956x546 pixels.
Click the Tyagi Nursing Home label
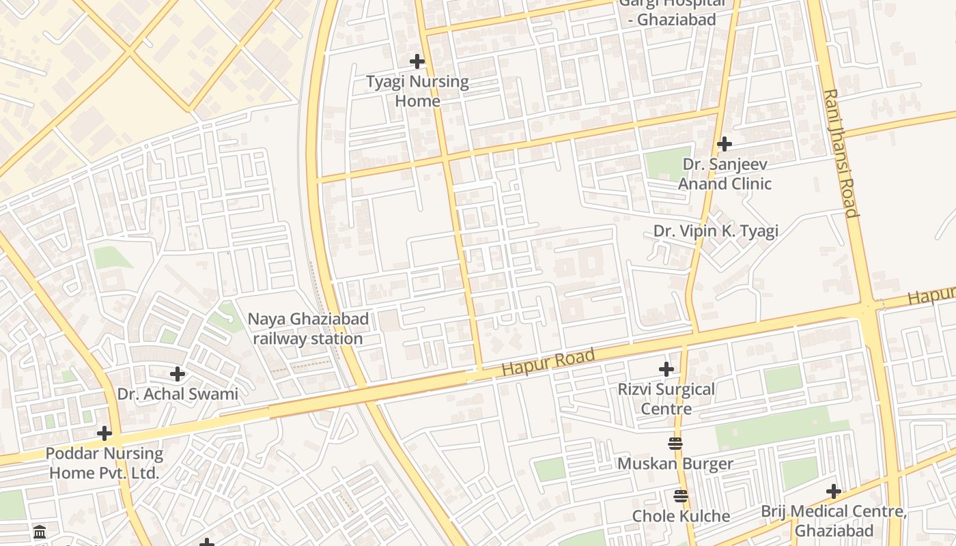(x=417, y=91)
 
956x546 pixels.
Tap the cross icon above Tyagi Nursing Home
(x=417, y=61)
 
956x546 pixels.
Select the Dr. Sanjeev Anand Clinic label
(x=725, y=174)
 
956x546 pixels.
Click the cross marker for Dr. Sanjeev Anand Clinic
(x=725, y=144)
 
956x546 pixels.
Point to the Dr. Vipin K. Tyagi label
(x=716, y=231)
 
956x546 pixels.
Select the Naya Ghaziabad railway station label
(x=308, y=328)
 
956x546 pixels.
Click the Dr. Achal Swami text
(x=178, y=394)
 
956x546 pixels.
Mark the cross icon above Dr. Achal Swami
(x=178, y=374)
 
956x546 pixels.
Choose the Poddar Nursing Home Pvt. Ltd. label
(x=104, y=463)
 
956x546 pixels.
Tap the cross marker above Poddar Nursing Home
(x=104, y=433)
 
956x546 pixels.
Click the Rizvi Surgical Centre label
(x=666, y=399)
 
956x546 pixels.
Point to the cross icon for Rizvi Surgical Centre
(x=666, y=369)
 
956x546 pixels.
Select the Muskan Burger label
(x=675, y=464)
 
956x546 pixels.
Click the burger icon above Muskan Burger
(x=675, y=444)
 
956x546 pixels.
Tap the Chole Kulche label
(x=681, y=516)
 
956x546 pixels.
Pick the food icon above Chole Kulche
(x=681, y=495)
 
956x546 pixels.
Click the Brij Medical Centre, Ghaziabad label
(x=834, y=521)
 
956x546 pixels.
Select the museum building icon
(x=40, y=532)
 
